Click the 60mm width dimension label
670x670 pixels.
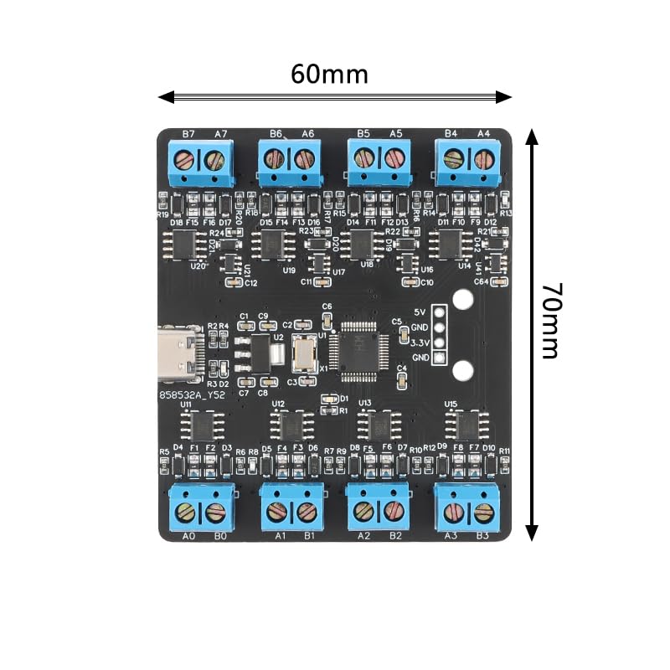pyautogui.click(x=329, y=74)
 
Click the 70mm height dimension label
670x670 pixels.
pyautogui.click(x=549, y=321)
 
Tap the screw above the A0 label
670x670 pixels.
pyautogui.click(x=187, y=511)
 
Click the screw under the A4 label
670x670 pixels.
pyautogui.click(x=482, y=157)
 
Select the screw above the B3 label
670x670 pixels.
pyautogui.click(x=482, y=511)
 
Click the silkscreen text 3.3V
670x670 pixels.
pyautogui.click(x=420, y=343)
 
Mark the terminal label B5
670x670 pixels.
pyautogui.click(x=363, y=133)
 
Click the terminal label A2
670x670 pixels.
pyautogui.click(x=363, y=535)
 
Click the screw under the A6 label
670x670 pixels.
pyautogui.click(x=306, y=157)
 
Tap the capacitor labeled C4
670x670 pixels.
pyautogui.click(x=402, y=379)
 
